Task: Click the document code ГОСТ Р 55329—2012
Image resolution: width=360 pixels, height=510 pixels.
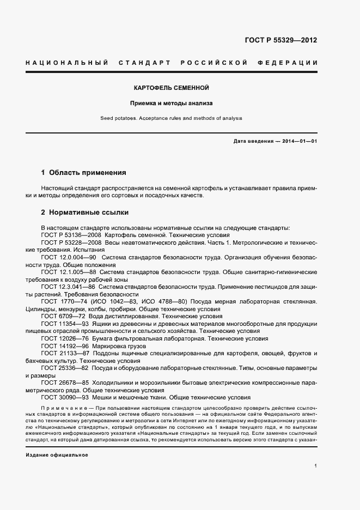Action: click(x=282, y=40)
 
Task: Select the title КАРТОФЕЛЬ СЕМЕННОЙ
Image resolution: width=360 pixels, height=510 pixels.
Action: click(x=172, y=88)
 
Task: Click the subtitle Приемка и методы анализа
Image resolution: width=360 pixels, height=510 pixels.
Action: click(x=172, y=102)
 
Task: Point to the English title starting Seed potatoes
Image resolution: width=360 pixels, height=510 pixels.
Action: click(x=172, y=118)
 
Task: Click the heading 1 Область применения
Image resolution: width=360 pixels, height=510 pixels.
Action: click(x=84, y=173)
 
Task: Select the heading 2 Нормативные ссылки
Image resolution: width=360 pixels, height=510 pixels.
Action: click(x=85, y=212)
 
